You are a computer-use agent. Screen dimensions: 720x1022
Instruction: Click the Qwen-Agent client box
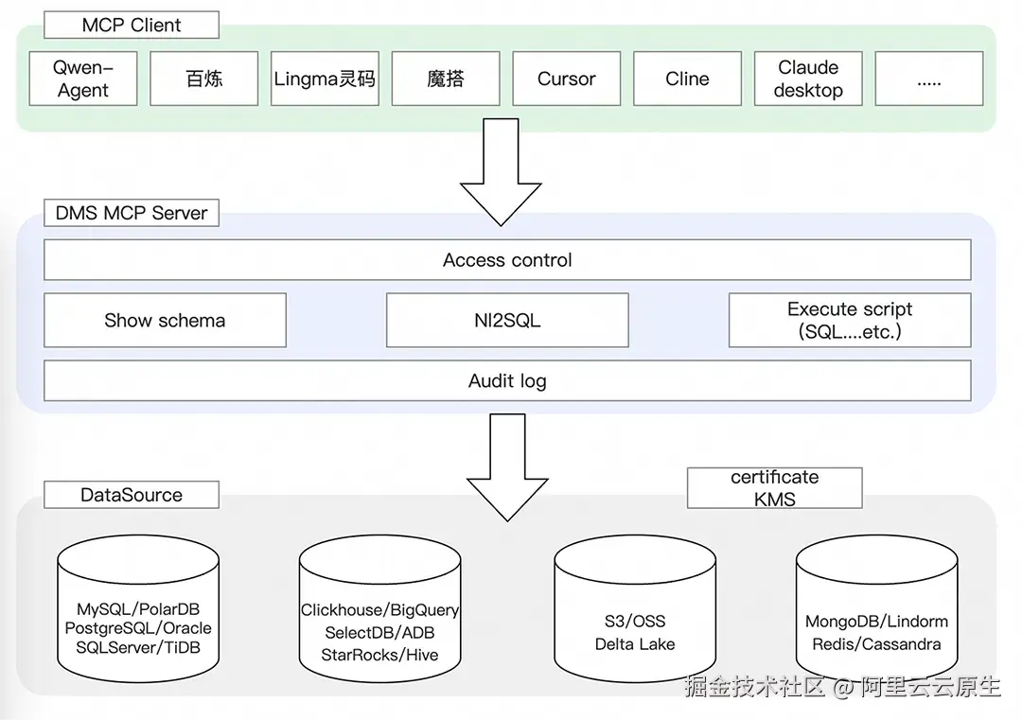pos(83,79)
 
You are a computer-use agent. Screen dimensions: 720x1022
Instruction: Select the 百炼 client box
pos(203,79)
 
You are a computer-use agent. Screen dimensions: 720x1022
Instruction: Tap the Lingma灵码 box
pos(325,79)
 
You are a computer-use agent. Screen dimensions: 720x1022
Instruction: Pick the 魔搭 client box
pos(445,79)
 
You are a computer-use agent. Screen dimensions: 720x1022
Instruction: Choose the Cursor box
pos(566,79)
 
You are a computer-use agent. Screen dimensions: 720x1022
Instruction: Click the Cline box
pos(687,79)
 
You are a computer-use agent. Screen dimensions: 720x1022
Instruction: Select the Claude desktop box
pos(808,79)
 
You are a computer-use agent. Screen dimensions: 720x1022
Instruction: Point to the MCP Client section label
pos(132,26)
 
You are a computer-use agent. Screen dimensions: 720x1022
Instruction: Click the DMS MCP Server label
pos(132,213)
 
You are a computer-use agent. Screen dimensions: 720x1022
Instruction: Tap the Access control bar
pos(507,260)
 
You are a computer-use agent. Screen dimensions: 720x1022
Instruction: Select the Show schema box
pos(165,320)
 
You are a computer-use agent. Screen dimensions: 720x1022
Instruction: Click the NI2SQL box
pos(507,320)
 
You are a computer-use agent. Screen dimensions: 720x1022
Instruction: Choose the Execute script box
pos(849,320)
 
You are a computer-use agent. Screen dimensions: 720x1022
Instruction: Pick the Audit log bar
pos(507,381)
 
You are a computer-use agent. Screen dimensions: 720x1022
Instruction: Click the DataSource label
pos(132,495)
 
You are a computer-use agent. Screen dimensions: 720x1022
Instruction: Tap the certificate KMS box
pos(774,488)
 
